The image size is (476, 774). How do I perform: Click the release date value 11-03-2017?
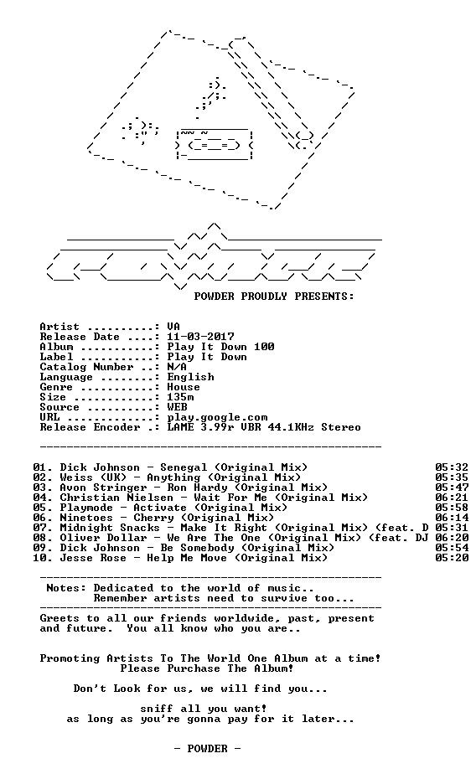pos(200,337)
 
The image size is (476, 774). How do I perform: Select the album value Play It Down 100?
pos(220,347)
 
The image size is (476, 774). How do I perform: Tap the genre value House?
pos(184,387)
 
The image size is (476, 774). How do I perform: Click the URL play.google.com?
pos(217,418)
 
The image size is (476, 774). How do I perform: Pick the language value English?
pos(190,377)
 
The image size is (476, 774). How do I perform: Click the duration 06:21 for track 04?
pos(452,498)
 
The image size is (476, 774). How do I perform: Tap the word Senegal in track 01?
pos(184,468)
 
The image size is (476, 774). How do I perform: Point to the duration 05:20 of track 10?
pos(452,558)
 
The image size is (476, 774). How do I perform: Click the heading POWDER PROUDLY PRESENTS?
pos(274,297)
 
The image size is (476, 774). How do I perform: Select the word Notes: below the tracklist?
pos(66,588)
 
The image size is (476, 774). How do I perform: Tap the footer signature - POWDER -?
pos(207,749)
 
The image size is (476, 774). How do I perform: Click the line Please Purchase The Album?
pos(207,668)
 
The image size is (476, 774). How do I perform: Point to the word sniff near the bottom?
pos(157,709)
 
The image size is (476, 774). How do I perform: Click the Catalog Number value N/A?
pos(178,367)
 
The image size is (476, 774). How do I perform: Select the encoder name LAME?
pos(181,427)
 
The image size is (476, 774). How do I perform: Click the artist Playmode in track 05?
pos(86,508)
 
